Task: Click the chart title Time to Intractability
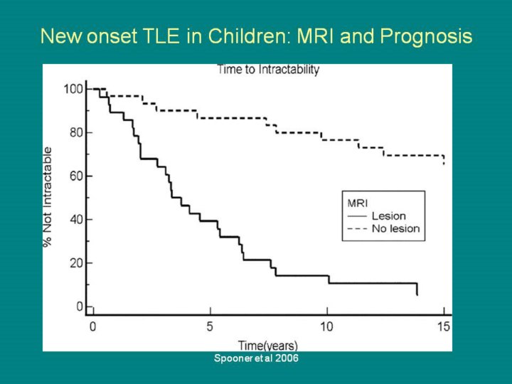pyautogui.click(x=268, y=70)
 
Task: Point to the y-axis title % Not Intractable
pyautogui.click(x=48, y=197)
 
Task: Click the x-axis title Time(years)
pyautogui.click(x=268, y=345)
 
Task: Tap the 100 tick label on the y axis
pyautogui.click(x=73, y=89)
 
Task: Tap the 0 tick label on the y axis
pyautogui.click(x=79, y=306)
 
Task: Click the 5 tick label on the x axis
pyautogui.click(x=210, y=326)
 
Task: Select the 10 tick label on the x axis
pyautogui.click(x=326, y=326)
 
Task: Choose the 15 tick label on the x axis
pyautogui.click(x=444, y=326)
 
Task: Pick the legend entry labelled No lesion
pyautogui.click(x=395, y=229)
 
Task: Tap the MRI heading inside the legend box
pyautogui.click(x=356, y=203)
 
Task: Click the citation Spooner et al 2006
pyautogui.click(x=256, y=358)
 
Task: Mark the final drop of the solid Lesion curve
pyautogui.click(x=417, y=289)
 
